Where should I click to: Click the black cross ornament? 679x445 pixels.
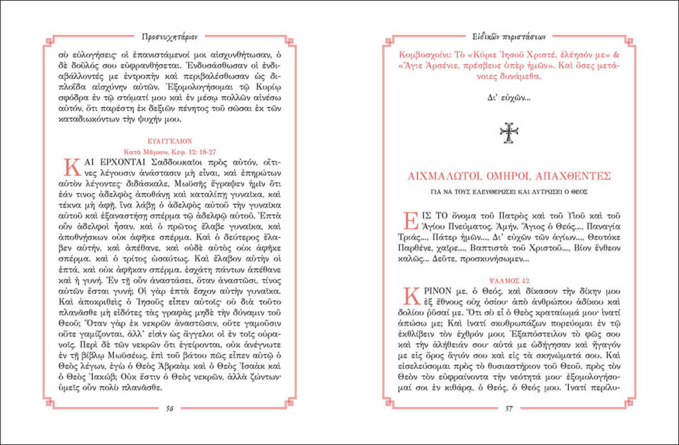[x=509, y=133]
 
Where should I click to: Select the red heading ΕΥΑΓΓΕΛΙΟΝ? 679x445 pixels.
[x=170, y=141]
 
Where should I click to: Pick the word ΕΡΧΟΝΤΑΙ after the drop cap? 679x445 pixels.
[x=111, y=162]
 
